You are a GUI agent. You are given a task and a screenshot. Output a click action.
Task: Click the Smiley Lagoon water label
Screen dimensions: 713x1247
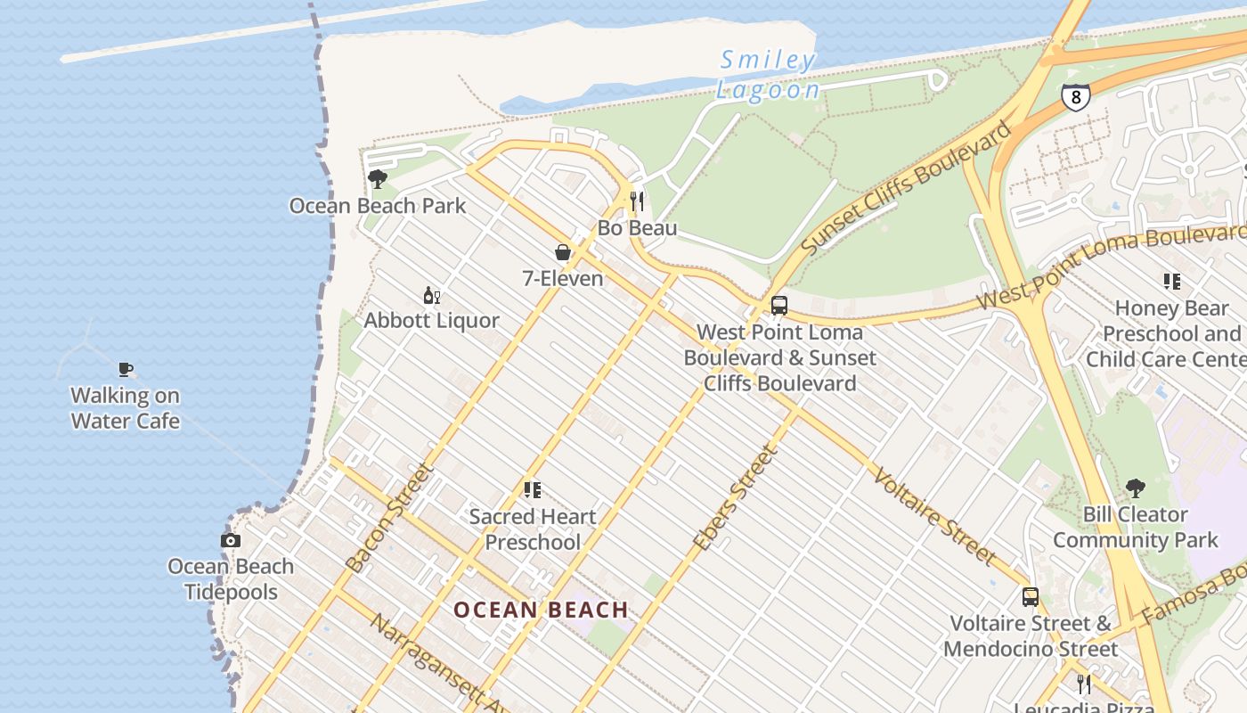pyautogui.click(x=767, y=75)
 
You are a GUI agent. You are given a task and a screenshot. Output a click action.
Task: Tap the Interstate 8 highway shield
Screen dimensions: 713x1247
pyautogui.click(x=1076, y=96)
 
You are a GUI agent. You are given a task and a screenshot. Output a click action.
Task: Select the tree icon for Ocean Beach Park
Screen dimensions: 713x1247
pyautogui.click(x=378, y=179)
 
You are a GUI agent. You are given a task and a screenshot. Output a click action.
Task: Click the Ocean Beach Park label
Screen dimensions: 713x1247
pyautogui.click(x=378, y=206)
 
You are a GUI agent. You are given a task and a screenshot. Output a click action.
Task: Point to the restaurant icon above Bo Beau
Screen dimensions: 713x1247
pyautogui.click(x=637, y=201)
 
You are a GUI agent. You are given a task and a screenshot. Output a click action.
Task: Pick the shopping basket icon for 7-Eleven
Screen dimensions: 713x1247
pyautogui.click(x=563, y=252)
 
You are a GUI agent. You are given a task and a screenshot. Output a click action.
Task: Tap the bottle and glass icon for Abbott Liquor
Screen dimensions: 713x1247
pyautogui.click(x=432, y=295)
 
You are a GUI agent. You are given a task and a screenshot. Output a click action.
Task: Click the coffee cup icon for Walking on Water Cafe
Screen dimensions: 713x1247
pyautogui.click(x=126, y=369)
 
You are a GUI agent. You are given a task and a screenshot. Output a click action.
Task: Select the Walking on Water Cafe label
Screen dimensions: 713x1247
pyautogui.click(x=126, y=408)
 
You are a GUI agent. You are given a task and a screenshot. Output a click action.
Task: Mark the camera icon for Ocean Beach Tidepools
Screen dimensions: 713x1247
pyautogui.click(x=231, y=540)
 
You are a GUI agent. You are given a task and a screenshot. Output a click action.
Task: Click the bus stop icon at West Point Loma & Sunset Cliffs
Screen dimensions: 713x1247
pyautogui.click(x=779, y=306)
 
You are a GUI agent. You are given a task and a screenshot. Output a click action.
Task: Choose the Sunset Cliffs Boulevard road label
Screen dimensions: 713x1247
pyautogui.click(x=907, y=188)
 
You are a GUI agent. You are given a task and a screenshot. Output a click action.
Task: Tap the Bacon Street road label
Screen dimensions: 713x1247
pyautogui.click(x=389, y=517)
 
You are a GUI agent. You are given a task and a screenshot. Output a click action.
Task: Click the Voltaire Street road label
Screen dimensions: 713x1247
pyautogui.click(x=933, y=515)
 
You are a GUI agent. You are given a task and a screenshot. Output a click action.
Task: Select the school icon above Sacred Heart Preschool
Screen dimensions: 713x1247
pyautogui.click(x=533, y=490)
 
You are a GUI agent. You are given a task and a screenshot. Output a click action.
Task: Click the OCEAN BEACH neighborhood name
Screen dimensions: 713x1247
pyautogui.click(x=542, y=611)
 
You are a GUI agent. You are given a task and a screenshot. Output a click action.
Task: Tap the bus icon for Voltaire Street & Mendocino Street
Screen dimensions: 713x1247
pyautogui.click(x=1031, y=597)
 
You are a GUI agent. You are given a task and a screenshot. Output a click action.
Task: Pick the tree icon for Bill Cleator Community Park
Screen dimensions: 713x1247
pyautogui.click(x=1136, y=488)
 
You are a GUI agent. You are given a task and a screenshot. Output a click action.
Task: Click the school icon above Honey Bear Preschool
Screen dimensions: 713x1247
pyautogui.click(x=1172, y=282)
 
